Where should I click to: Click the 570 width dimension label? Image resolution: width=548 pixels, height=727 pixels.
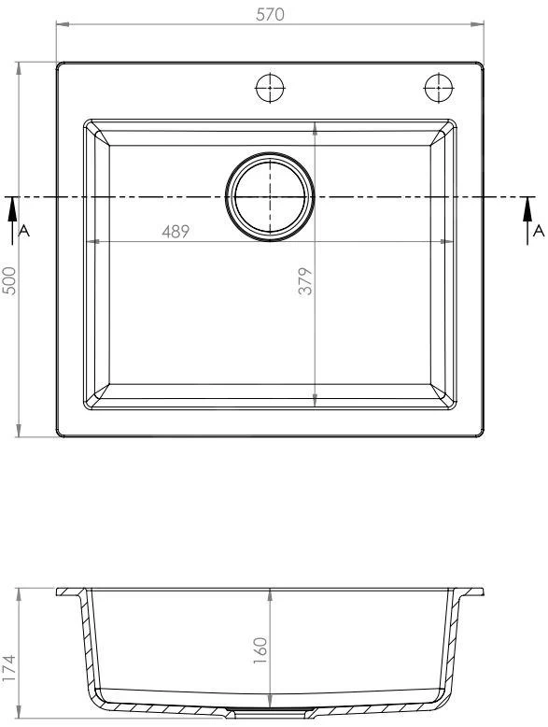point(270,14)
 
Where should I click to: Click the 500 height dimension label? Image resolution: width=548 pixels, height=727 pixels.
point(9,280)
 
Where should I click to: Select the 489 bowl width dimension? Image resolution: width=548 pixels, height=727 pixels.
point(176,232)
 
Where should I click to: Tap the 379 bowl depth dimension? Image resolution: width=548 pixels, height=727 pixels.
point(305,281)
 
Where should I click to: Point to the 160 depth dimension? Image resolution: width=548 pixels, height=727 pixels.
point(260,650)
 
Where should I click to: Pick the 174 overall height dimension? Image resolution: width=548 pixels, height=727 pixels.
point(9,668)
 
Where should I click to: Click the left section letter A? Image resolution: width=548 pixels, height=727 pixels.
point(23,231)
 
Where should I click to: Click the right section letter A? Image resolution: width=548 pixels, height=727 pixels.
point(539,231)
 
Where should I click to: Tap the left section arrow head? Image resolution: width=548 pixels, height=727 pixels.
point(12,208)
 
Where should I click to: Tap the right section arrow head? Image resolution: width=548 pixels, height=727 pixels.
point(527,208)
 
